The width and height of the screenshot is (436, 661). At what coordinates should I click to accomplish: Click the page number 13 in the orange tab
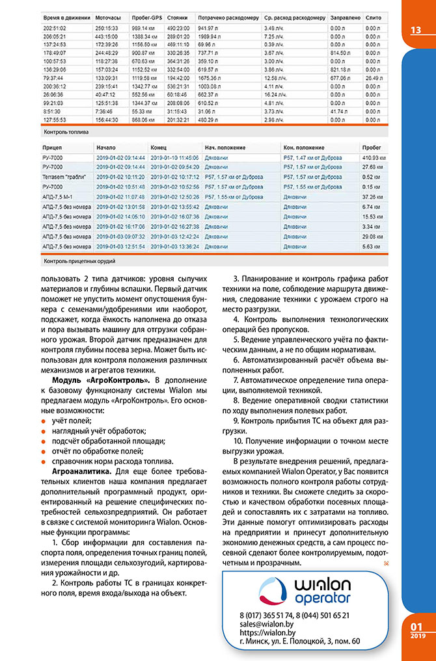point(416,31)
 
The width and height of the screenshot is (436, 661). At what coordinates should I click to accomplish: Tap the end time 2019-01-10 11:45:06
point(174,157)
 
